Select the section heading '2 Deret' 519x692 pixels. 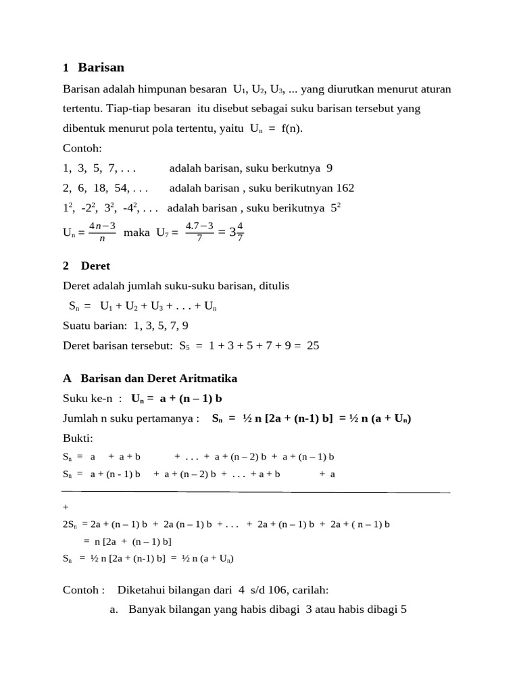point(86,266)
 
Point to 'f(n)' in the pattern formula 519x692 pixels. point(292,128)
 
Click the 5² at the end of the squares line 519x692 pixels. point(335,207)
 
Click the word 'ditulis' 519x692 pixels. point(272,286)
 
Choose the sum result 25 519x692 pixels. point(313,345)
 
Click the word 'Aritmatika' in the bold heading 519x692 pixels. point(207,378)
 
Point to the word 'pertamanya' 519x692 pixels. point(168,418)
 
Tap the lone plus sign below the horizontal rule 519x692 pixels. point(65,506)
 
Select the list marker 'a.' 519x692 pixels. point(114,610)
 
